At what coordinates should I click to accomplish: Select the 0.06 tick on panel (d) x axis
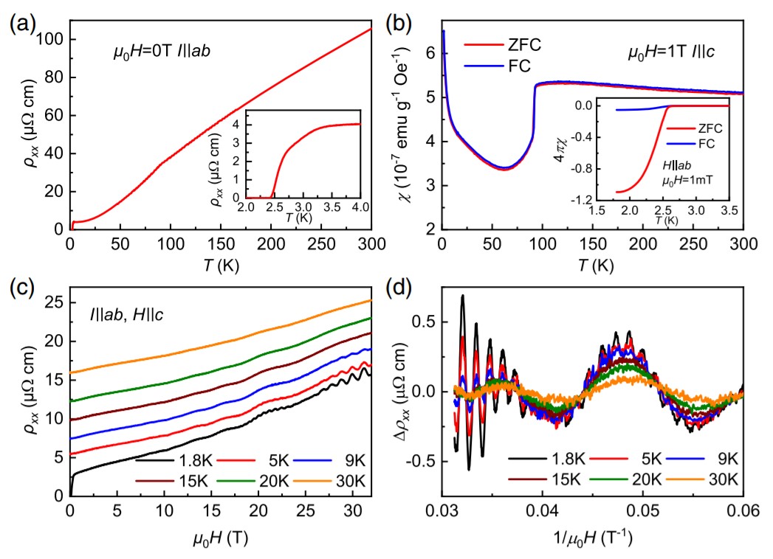click(741, 510)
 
